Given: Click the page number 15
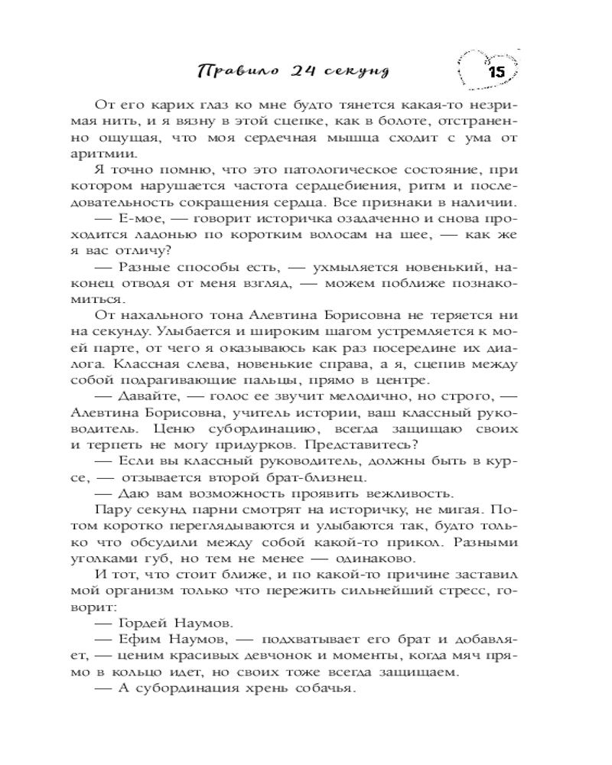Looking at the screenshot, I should coord(494,72).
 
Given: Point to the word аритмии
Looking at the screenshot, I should coord(117,155).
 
